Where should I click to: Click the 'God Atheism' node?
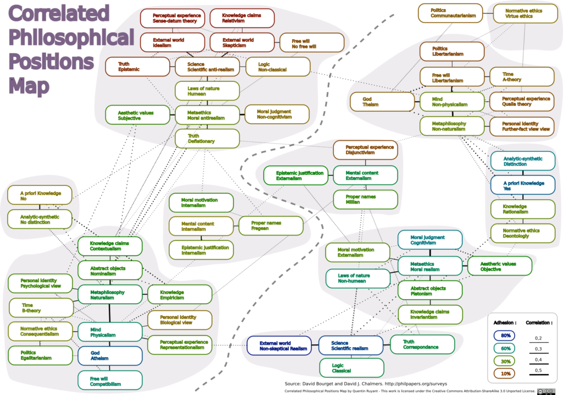109,355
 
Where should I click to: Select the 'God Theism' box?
382,101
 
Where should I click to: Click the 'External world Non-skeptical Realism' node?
279,345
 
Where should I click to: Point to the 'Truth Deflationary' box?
207,139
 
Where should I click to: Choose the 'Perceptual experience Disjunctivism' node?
365,150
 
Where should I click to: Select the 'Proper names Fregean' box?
271,226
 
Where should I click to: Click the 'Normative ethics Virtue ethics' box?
522,13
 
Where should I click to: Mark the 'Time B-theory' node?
41,308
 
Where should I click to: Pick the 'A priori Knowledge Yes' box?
523,185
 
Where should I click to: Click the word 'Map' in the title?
29,85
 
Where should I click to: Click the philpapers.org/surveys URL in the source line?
417,383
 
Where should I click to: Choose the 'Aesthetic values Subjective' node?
137,115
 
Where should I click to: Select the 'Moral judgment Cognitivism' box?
429,240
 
